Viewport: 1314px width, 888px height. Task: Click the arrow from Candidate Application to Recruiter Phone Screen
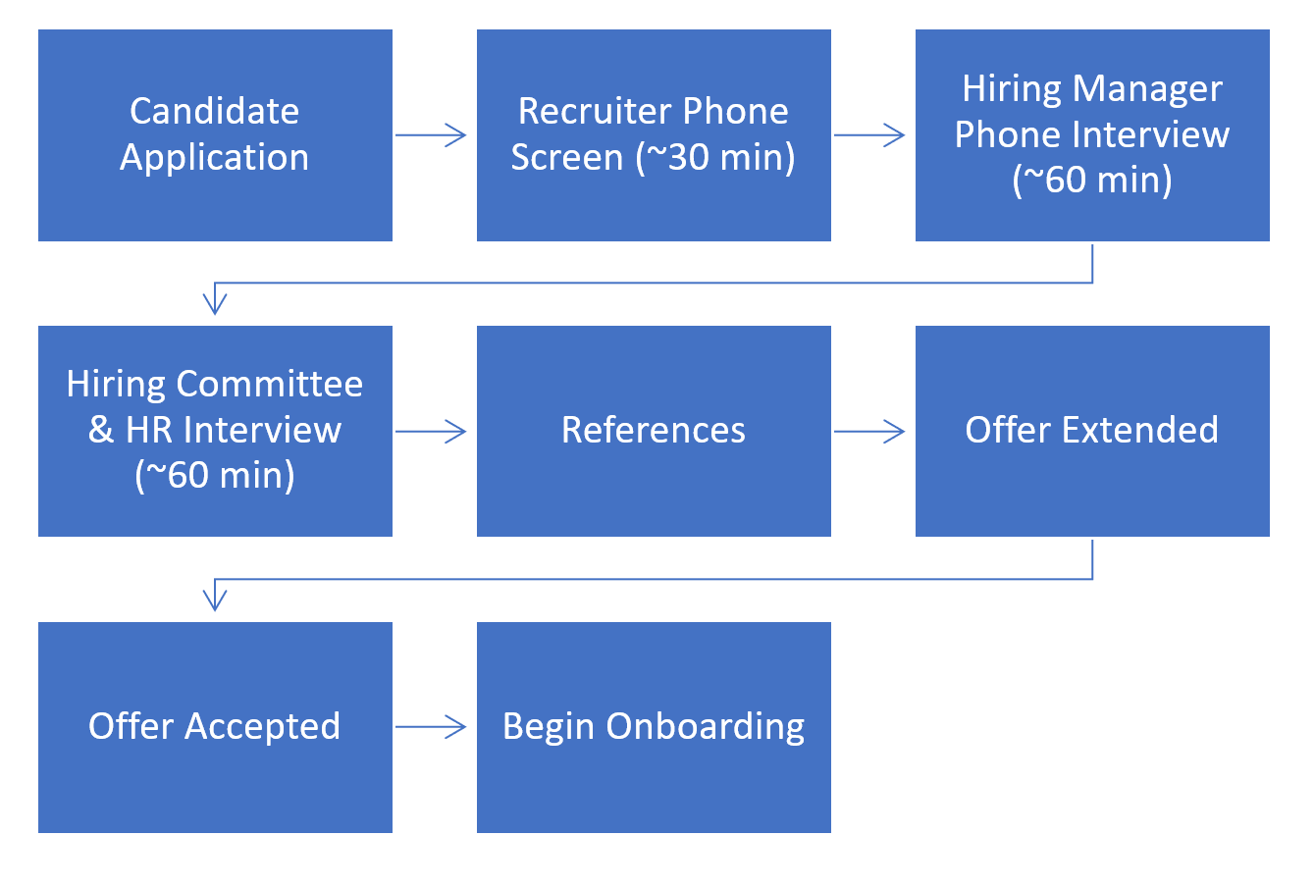click(x=431, y=135)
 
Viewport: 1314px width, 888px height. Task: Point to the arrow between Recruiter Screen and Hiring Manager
click(x=869, y=135)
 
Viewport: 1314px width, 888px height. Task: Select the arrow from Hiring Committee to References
click(x=431, y=431)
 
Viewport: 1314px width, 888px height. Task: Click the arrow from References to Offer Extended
click(x=869, y=431)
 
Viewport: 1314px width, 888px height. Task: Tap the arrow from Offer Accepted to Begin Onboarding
click(x=431, y=727)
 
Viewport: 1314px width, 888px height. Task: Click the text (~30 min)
click(x=716, y=158)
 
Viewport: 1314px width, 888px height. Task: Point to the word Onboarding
click(x=706, y=727)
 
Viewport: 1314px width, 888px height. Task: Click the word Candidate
click(x=215, y=111)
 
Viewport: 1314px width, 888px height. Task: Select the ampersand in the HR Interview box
click(x=101, y=430)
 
